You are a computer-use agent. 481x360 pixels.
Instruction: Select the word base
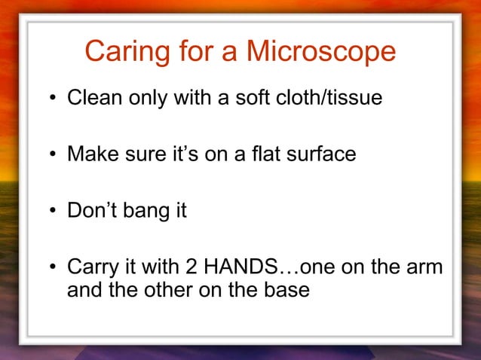click(x=288, y=289)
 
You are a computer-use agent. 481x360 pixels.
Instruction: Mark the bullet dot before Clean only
click(x=54, y=98)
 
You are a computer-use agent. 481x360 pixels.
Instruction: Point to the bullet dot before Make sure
click(x=54, y=155)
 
